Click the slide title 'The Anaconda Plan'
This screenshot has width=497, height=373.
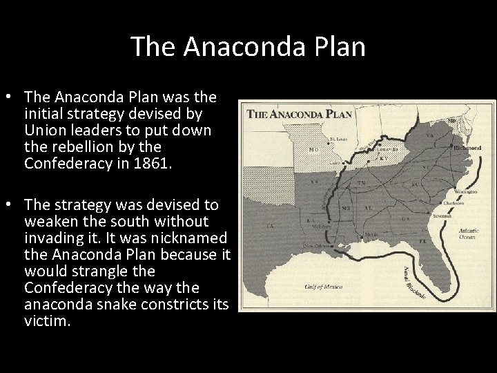[x=248, y=47]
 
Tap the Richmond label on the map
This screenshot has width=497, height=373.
[x=468, y=148]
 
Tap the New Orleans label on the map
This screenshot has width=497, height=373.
[x=317, y=246]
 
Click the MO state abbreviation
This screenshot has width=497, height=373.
[x=314, y=149]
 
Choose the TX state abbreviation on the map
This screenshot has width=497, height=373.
[x=270, y=225]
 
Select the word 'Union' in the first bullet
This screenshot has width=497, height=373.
[x=44, y=131]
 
